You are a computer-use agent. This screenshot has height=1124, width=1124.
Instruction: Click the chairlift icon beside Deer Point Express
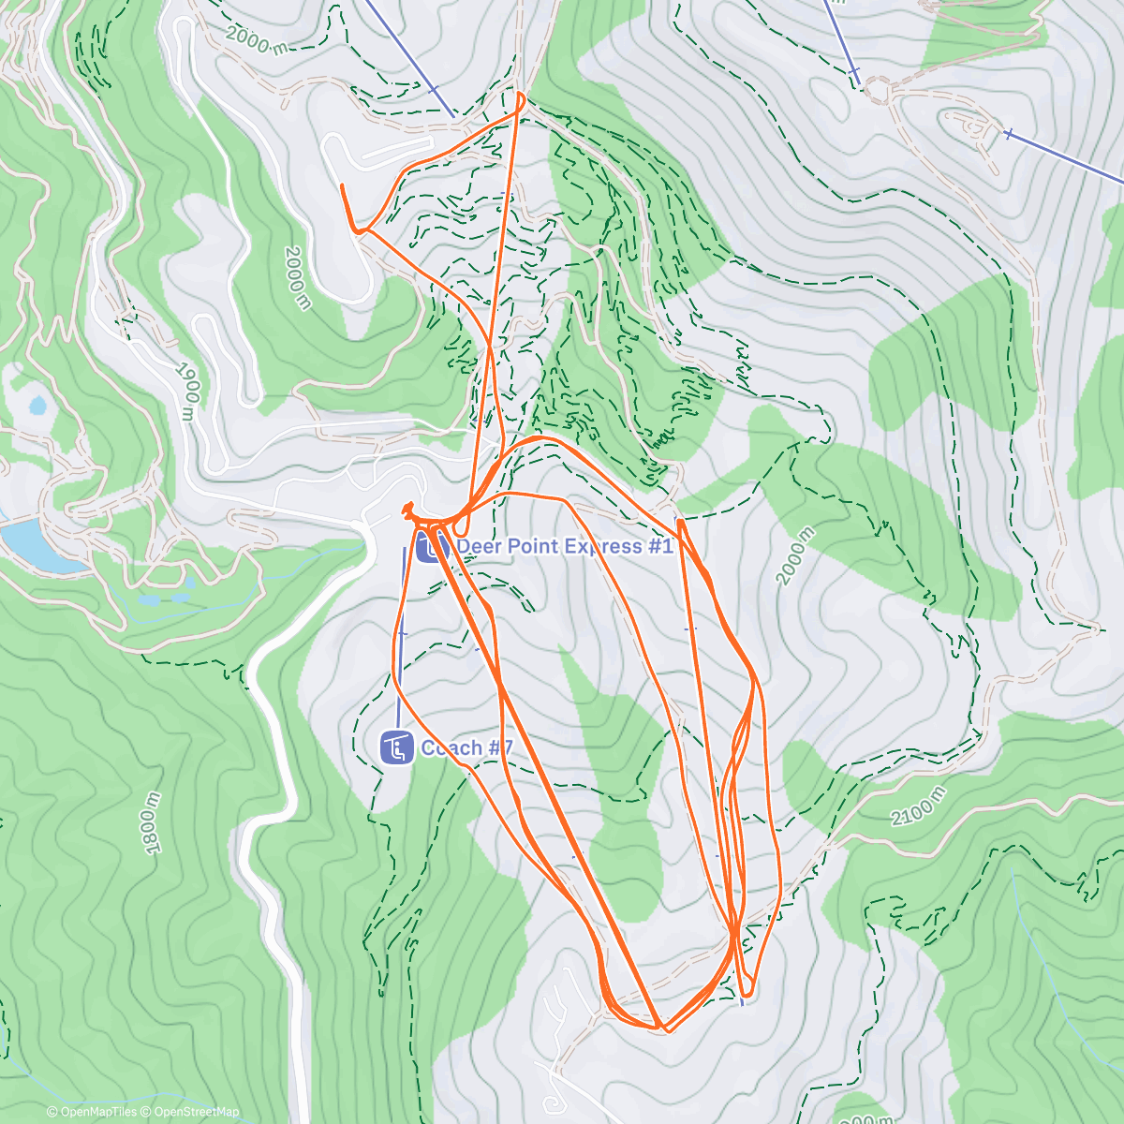click(x=431, y=546)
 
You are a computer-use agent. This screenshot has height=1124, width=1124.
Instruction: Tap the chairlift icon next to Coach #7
click(x=396, y=747)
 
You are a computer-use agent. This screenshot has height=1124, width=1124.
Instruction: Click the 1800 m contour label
click(x=152, y=823)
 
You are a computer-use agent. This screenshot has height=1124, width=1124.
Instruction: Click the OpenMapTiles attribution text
click(x=97, y=1112)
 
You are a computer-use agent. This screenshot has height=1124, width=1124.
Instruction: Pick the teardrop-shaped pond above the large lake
click(x=37, y=406)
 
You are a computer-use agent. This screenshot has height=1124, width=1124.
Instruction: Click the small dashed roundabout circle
click(x=878, y=90)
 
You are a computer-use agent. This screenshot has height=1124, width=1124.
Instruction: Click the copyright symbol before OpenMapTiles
click(x=52, y=1112)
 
